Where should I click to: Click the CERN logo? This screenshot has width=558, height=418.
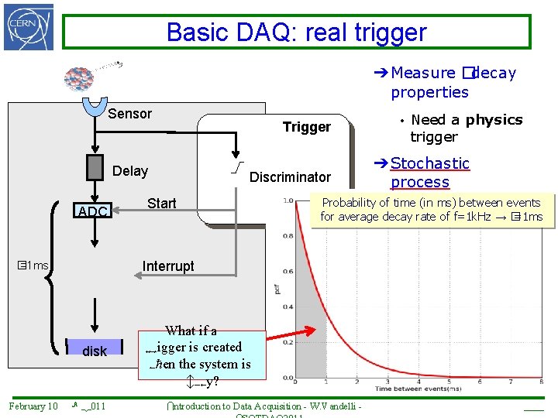[29, 27]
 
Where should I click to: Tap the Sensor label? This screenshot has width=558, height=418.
[130, 114]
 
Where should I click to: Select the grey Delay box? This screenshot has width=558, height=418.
[95, 167]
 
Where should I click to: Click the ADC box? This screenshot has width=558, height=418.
[94, 211]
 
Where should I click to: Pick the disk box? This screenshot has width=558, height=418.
[95, 351]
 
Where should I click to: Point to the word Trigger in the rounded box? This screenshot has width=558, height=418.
[306, 127]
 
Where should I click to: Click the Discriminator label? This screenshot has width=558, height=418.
[290, 177]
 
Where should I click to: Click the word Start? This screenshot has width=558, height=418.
[161, 204]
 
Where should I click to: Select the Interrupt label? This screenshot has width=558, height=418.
[168, 266]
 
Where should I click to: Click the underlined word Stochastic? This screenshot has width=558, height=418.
[430, 163]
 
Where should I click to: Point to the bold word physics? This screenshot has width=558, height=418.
[494, 120]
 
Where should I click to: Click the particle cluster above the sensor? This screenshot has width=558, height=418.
[79, 77]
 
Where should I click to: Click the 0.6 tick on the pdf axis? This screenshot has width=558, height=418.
[288, 272]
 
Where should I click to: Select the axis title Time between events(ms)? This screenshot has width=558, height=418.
[420, 388]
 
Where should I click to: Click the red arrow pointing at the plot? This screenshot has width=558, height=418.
[293, 335]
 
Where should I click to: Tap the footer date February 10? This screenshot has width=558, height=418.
[33, 406]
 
